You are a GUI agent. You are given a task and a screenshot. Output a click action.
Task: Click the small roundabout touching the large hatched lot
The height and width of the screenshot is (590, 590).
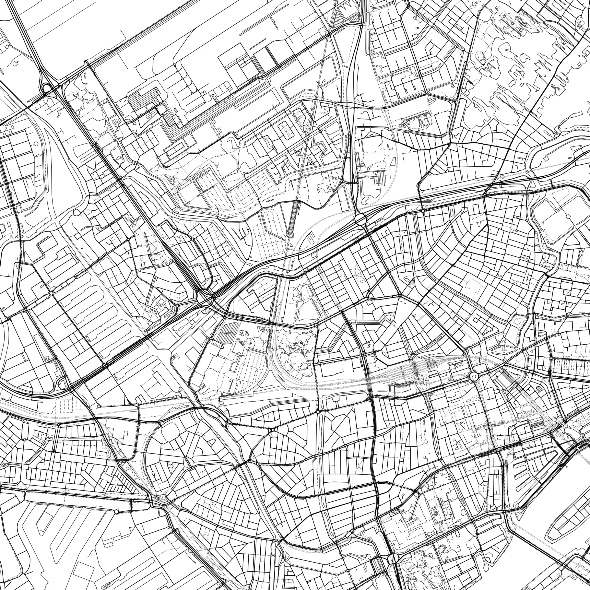(x=211, y=338)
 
